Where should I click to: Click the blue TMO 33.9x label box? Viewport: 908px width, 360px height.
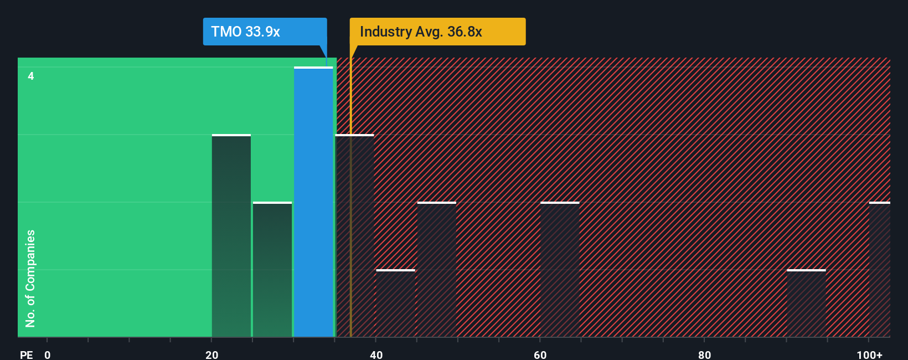(265, 32)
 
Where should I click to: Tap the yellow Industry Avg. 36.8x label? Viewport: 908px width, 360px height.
(437, 32)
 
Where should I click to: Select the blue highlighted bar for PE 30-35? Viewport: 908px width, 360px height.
(313, 202)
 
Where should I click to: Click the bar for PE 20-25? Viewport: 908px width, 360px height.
(231, 236)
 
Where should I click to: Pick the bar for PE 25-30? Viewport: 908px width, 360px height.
(272, 270)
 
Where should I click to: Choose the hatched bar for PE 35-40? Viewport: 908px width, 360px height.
(355, 236)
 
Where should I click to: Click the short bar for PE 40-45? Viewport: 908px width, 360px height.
(395, 304)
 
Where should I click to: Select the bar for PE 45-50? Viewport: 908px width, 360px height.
(437, 270)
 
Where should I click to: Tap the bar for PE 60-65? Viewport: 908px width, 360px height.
(560, 270)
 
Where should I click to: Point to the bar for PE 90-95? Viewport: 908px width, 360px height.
(806, 304)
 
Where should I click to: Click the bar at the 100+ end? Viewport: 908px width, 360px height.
(879, 270)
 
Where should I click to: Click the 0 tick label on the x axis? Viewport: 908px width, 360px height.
(48, 354)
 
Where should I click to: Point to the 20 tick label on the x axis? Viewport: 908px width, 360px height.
(211, 354)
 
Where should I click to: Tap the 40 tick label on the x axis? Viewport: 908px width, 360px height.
(376, 354)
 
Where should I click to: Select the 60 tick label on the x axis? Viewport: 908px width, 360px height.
(540, 354)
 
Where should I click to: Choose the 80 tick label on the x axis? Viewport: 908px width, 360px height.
(704, 354)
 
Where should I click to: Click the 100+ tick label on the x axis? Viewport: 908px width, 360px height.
(869, 354)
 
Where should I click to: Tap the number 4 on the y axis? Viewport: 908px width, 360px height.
(31, 76)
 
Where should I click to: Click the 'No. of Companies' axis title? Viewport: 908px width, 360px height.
(30, 278)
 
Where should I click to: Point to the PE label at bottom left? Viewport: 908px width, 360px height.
(26, 354)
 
